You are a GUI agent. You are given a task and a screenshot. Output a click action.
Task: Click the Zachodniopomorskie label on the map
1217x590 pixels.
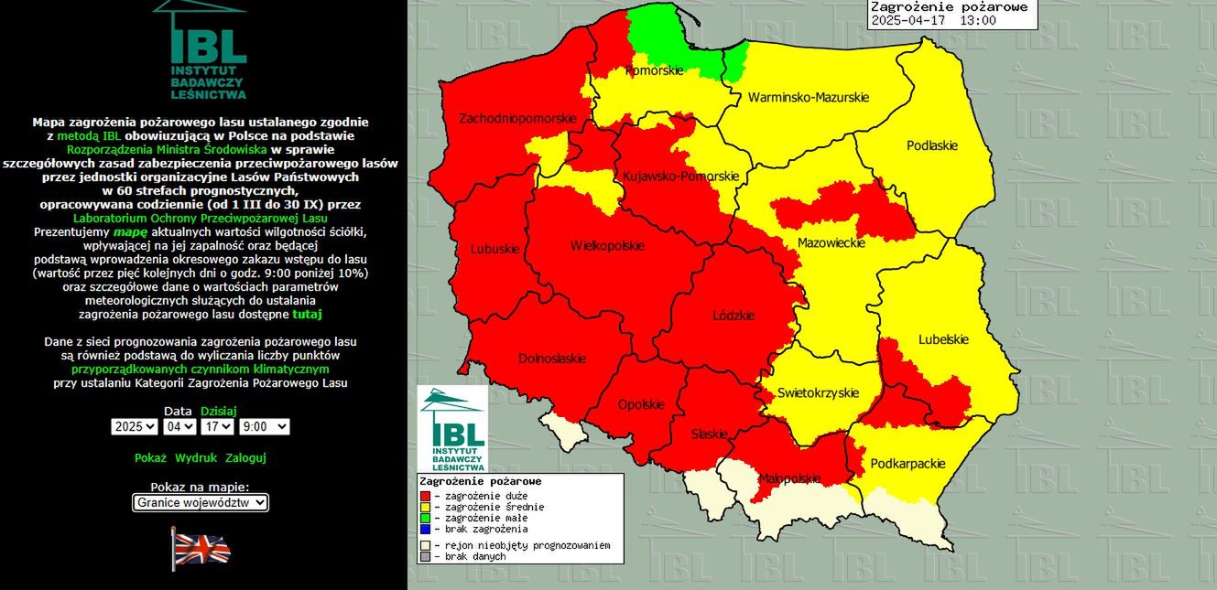point(517,119)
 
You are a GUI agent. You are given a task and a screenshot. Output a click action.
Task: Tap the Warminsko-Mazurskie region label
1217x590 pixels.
point(808,97)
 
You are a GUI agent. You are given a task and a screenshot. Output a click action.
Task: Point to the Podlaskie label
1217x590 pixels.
point(931,145)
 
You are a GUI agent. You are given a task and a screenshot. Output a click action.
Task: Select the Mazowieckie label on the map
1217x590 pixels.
point(831,243)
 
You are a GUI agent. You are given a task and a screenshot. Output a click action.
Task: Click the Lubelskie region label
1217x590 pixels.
point(943,340)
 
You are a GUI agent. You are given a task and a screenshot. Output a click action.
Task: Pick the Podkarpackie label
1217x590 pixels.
point(907,464)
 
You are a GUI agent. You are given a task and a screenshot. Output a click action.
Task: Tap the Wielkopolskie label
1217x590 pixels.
point(606,246)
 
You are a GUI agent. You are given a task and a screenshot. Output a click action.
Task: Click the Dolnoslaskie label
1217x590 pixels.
point(551,359)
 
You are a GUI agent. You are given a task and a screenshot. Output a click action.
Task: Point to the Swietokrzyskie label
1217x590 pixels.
point(818,393)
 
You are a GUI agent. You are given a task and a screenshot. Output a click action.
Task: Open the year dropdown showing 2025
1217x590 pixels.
point(135,427)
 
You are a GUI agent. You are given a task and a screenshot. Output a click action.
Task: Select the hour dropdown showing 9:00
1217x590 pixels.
point(264,427)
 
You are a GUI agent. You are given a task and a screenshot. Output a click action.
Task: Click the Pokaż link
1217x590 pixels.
point(150,457)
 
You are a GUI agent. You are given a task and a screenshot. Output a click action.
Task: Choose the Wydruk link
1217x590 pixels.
point(196,457)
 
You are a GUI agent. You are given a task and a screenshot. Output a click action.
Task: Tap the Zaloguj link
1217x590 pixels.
point(245,457)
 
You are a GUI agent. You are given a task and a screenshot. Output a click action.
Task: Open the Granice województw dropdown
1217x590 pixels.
point(200,502)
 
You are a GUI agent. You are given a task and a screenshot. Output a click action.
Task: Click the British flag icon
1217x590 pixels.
point(201,549)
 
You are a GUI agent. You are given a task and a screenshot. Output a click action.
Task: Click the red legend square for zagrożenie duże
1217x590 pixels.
point(424,495)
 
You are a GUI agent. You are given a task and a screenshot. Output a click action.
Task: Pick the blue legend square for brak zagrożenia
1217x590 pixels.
point(424,529)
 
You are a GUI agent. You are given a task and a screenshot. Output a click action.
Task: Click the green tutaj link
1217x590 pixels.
point(307,314)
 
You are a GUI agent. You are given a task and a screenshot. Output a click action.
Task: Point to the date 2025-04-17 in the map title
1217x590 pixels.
point(910,20)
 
